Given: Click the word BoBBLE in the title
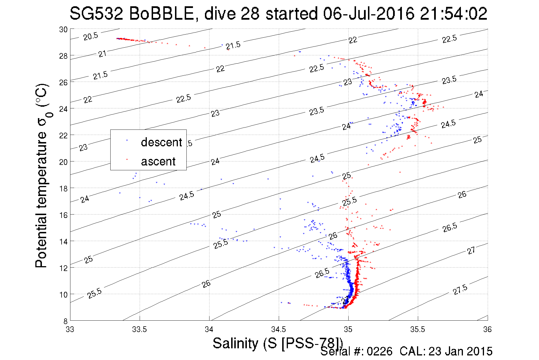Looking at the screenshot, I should (161, 14).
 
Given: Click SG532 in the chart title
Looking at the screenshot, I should (96, 14).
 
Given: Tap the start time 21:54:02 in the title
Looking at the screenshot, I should (453, 14).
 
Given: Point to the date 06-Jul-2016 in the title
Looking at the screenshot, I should (369, 14).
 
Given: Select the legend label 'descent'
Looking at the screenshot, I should (161, 142).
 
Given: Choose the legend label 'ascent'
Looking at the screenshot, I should (158, 161).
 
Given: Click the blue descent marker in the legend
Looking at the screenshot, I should (127, 140).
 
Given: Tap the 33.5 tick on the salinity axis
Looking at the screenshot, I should (139, 329).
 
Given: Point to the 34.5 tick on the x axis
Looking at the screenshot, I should (278, 329).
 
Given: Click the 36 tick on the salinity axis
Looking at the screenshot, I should (487, 329).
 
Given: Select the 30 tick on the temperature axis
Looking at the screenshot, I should (63, 29).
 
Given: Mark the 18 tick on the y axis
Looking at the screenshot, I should (63, 189).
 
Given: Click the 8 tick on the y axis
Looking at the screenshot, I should (65, 321).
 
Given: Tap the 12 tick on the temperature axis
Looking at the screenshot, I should (63, 268).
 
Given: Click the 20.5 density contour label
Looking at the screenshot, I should (91, 36).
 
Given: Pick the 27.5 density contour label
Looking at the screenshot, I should (460, 290).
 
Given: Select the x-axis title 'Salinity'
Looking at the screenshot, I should (235, 343).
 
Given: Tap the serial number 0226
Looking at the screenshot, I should (379, 351).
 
